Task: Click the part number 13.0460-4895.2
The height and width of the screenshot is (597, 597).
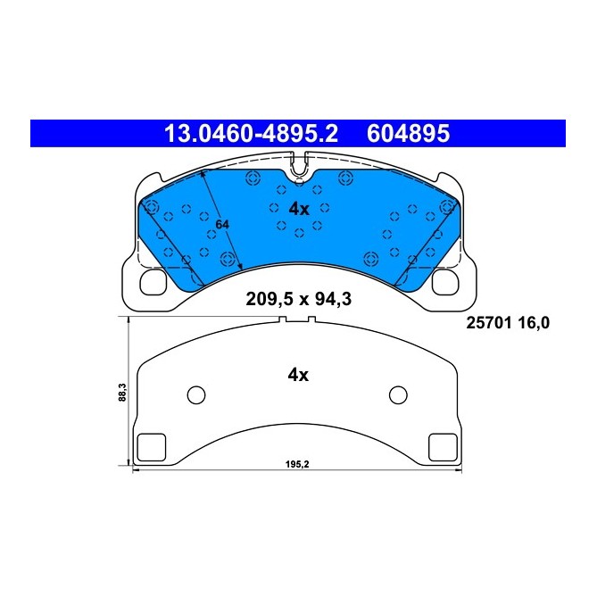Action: click(x=249, y=134)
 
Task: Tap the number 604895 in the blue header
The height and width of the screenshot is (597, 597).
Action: click(x=408, y=134)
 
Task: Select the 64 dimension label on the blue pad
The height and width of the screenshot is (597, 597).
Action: click(x=222, y=225)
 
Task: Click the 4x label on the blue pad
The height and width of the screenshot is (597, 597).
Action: click(x=298, y=209)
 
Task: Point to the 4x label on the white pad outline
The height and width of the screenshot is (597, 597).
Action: click(x=298, y=376)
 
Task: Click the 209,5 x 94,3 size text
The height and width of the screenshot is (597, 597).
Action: click(x=298, y=300)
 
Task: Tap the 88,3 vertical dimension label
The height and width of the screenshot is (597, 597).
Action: click(x=122, y=394)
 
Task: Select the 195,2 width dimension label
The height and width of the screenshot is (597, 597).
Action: click(x=298, y=464)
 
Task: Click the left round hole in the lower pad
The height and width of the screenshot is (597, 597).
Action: click(x=197, y=395)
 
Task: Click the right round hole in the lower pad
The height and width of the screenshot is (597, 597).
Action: click(x=398, y=395)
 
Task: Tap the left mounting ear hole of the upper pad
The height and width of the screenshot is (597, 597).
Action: click(x=153, y=282)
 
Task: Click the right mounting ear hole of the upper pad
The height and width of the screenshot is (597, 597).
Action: click(x=444, y=282)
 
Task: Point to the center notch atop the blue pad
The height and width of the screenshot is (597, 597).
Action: click(x=299, y=162)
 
